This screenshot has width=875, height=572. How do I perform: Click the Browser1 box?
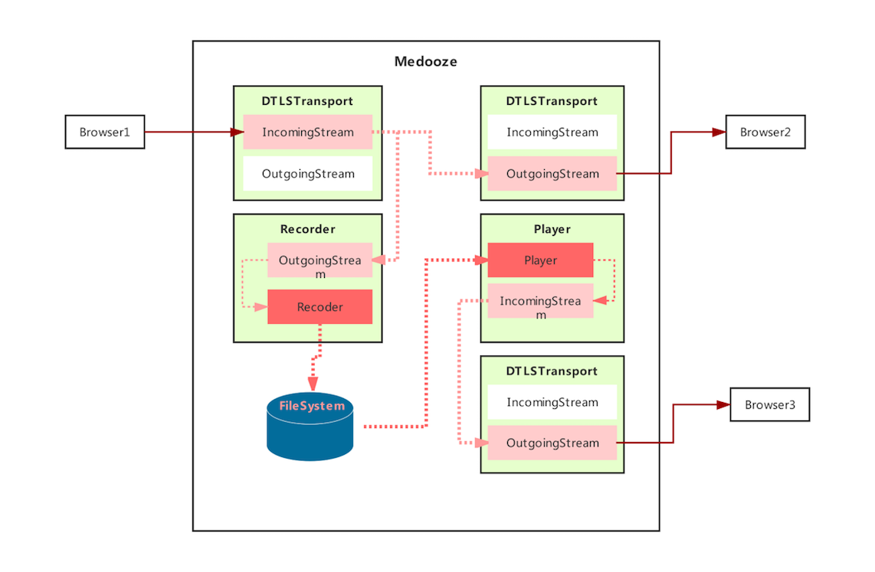(105, 132)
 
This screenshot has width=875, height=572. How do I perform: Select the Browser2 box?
(765, 132)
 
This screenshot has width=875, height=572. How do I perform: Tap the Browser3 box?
(769, 404)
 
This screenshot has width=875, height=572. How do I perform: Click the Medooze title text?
(425, 61)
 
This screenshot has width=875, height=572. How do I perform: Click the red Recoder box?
(320, 306)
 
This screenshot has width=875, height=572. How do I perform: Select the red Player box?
(540, 260)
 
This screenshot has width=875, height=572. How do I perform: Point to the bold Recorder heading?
(307, 229)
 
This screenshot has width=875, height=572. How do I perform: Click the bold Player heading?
(552, 229)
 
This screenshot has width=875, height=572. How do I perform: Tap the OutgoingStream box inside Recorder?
(320, 260)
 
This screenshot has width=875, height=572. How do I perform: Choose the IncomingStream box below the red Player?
(540, 301)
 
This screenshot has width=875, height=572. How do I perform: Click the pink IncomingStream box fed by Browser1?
(308, 132)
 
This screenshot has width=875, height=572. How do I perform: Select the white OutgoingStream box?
(308, 174)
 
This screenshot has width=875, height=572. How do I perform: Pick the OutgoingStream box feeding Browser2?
(552, 174)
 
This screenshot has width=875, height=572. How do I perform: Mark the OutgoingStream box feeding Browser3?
(552, 443)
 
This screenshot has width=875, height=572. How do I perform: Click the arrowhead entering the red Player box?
(481, 260)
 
